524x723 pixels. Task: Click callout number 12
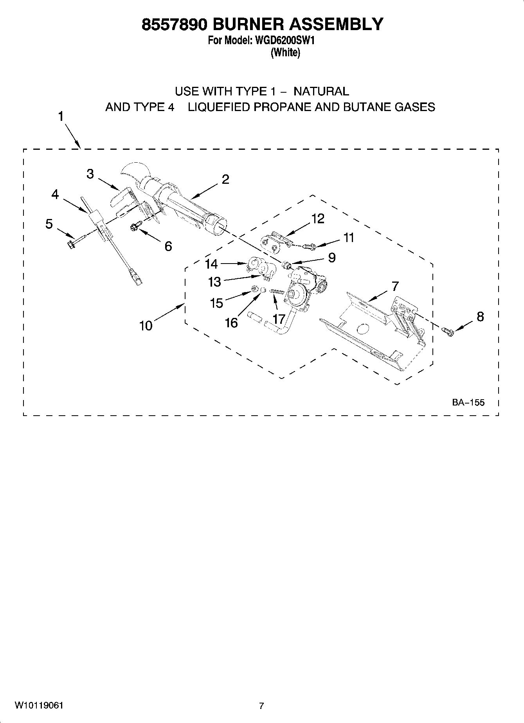318,219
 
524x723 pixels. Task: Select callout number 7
395,287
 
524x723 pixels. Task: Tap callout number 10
146,325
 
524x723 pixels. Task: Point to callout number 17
279,319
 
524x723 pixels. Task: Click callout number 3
90,174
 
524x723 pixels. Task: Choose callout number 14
211,264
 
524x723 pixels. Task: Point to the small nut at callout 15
254,289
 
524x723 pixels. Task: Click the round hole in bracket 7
363,329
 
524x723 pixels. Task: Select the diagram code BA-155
468,402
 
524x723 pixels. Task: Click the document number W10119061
39,706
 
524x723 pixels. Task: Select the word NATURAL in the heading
321,91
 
